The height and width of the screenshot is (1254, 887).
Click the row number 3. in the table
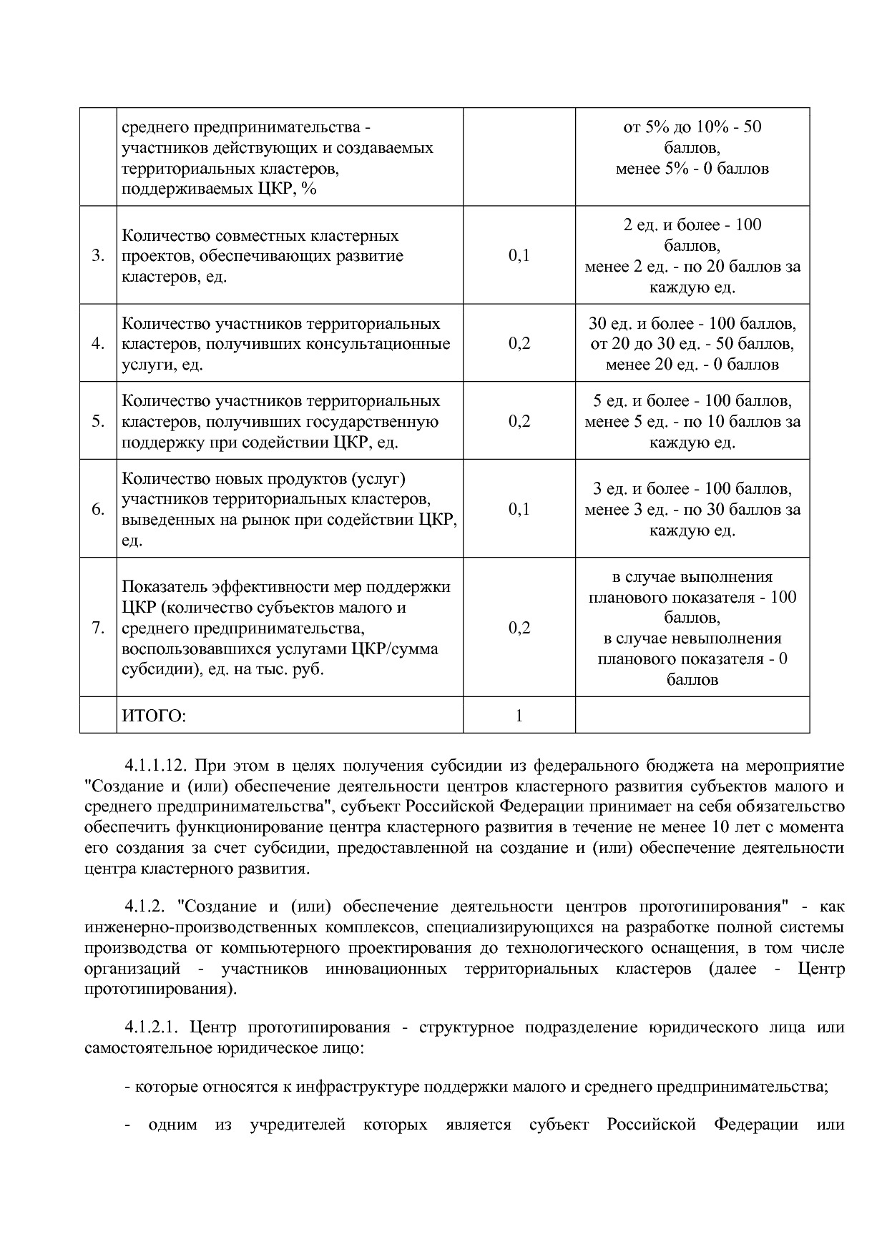(98, 256)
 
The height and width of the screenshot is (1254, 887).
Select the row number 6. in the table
(98, 509)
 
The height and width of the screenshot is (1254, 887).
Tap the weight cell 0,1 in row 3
(519, 256)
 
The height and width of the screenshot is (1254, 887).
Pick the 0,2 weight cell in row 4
(519, 344)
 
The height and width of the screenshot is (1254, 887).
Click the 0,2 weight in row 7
(519, 628)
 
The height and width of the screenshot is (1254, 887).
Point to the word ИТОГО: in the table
(154, 716)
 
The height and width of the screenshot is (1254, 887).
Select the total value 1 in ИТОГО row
(519, 716)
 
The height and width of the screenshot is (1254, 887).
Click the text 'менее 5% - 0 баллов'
(692, 169)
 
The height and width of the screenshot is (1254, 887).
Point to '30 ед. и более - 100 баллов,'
(692, 323)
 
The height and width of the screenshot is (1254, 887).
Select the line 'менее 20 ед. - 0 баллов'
(692, 365)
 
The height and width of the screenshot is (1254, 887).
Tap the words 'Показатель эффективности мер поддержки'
(286, 587)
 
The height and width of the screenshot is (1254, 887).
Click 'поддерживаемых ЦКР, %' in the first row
(219, 189)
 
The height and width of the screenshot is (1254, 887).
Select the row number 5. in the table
(98, 421)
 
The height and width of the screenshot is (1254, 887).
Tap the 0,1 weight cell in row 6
(519, 509)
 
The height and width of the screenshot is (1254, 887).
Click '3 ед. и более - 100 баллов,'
(692, 489)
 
